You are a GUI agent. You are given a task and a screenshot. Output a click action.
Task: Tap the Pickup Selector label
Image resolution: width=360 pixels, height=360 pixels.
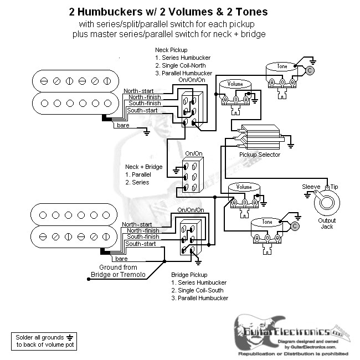click(x=260, y=155)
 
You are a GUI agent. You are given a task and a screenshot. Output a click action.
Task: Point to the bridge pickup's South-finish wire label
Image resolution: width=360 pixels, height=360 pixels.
click(x=143, y=236)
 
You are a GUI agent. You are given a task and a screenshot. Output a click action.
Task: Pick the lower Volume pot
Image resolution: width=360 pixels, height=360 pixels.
click(x=244, y=195)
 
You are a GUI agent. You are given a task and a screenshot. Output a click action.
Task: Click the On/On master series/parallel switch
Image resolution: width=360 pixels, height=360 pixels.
click(x=194, y=174)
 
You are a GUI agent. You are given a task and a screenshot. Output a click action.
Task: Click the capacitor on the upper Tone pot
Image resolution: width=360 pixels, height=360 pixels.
click(x=310, y=70)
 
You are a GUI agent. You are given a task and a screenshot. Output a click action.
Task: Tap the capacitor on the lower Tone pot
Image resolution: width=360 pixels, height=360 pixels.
click(x=295, y=226)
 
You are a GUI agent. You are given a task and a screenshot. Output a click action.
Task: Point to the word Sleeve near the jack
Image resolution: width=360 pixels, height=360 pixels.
click(x=311, y=187)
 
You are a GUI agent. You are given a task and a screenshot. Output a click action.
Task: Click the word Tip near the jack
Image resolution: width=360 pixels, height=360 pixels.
click(x=334, y=187)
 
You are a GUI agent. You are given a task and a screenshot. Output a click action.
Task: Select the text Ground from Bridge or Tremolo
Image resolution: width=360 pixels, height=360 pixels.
click(x=118, y=271)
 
